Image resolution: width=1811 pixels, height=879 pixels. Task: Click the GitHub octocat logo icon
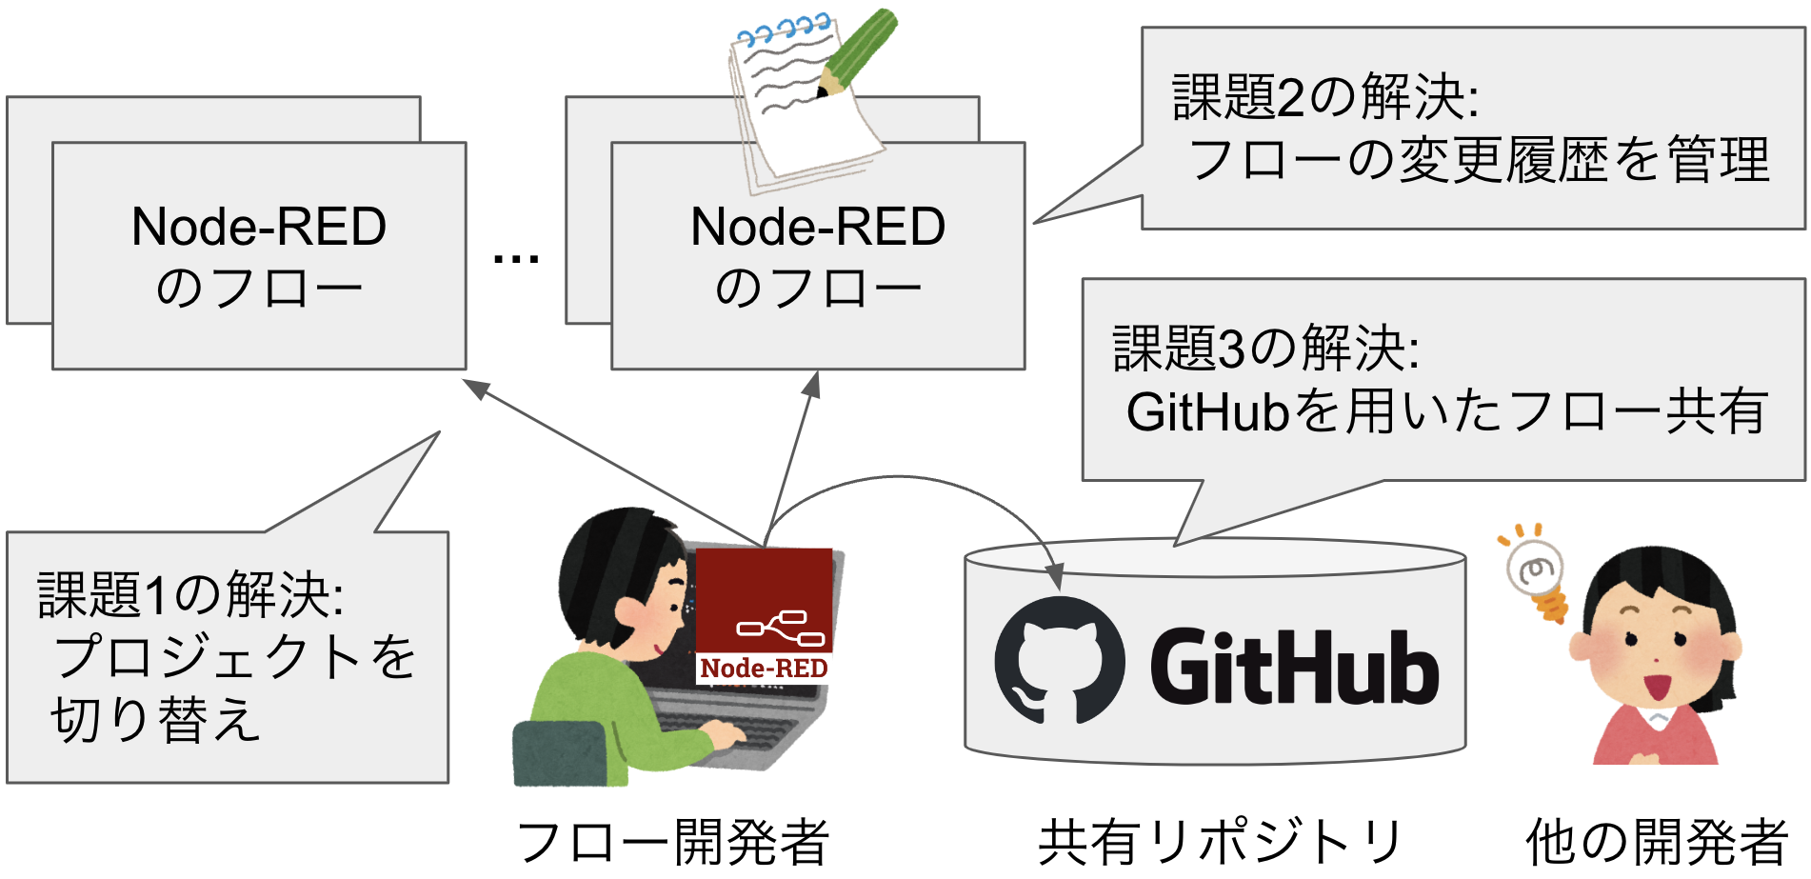point(1059,660)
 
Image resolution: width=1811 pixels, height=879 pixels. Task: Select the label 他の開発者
point(1657,843)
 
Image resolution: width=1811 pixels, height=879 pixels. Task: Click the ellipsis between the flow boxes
point(516,258)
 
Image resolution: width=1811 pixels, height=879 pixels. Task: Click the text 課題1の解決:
point(190,595)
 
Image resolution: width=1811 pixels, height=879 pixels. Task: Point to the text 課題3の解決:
point(1266,349)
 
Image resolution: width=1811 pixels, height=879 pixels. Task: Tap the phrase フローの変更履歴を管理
point(1480,160)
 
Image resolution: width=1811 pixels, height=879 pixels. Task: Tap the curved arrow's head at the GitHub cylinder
point(1054,577)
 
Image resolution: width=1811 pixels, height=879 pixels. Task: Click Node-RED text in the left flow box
point(259,227)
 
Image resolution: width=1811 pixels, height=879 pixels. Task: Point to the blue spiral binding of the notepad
point(786,32)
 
